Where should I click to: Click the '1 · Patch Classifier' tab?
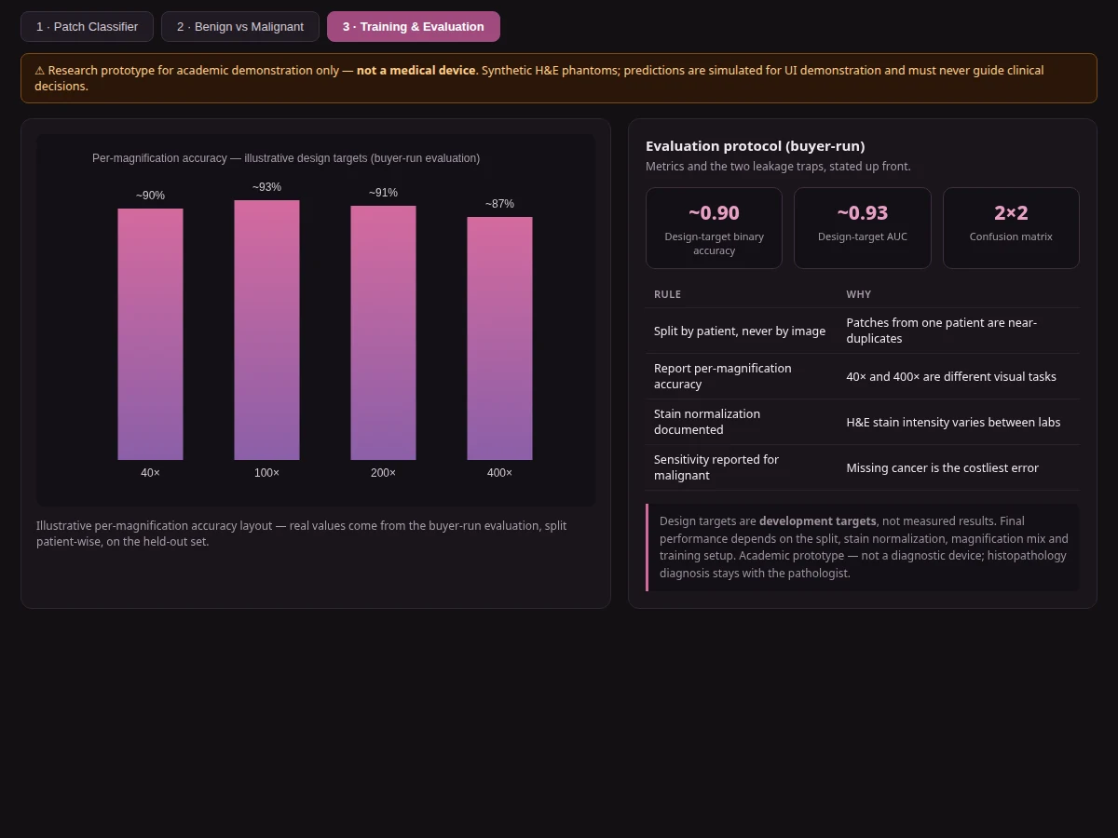pyautogui.click(x=87, y=26)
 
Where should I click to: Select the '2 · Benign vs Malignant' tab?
pyautogui.click(x=239, y=26)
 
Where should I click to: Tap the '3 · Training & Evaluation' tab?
pyautogui.click(x=413, y=26)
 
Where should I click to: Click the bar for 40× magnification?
pyautogui.click(x=150, y=334)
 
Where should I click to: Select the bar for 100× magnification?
pyautogui.click(x=266, y=331)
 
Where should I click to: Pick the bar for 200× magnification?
pyautogui.click(x=383, y=332)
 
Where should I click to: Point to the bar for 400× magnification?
pyautogui.click(x=499, y=338)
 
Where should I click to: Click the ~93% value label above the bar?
pyautogui.click(x=266, y=187)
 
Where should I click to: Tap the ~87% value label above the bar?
pyautogui.click(x=499, y=204)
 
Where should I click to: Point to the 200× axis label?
pyautogui.click(x=383, y=473)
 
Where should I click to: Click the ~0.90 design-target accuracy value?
pyautogui.click(x=714, y=212)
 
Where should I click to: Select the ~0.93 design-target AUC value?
pyautogui.click(x=863, y=212)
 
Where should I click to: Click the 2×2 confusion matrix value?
pyautogui.click(x=1011, y=212)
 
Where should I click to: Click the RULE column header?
pyautogui.click(x=667, y=294)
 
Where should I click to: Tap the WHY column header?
pyautogui.click(x=858, y=294)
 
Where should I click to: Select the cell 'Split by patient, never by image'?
pyautogui.click(x=740, y=331)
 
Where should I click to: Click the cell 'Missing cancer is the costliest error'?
pyautogui.click(x=942, y=468)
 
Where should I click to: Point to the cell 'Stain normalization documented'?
pyautogui.click(x=707, y=422)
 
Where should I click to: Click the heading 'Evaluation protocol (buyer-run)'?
pyautogui.click(x=755, y=146)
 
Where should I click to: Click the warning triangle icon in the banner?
pyautogui.click(x=40, y=71)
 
